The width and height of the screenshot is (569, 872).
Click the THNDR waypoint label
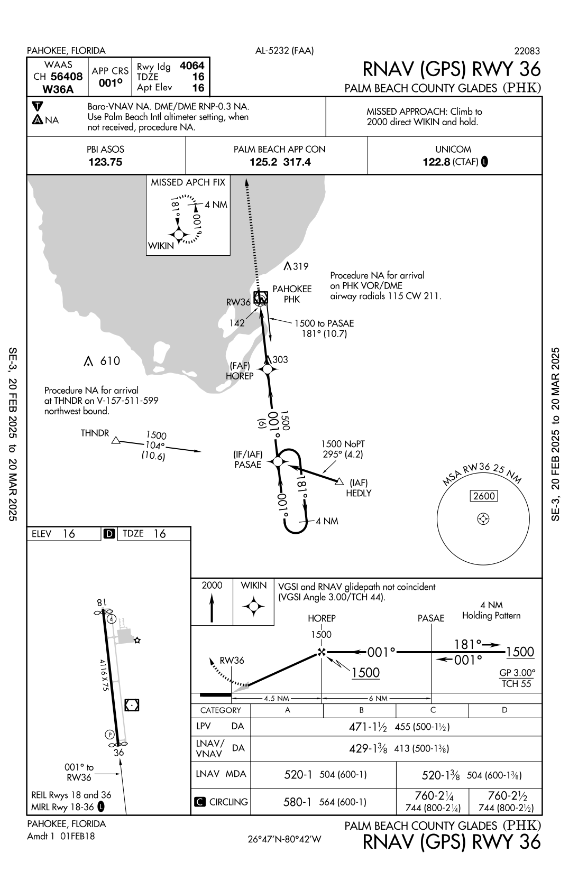95,433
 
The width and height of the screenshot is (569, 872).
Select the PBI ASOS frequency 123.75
105,162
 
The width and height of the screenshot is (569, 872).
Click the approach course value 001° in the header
111,82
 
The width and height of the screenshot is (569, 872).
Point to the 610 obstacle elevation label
110,361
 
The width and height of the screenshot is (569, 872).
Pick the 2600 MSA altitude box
483,496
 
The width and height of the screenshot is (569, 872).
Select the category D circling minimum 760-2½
505,795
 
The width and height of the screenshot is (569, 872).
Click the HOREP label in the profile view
322,618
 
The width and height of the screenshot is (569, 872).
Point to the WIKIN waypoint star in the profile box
253,607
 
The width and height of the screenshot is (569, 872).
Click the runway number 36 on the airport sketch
119,753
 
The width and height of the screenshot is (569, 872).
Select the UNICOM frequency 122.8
436,162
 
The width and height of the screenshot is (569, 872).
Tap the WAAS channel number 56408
67,77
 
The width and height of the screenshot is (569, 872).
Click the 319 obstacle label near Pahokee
300,267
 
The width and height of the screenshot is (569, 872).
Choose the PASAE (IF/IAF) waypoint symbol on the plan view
278,462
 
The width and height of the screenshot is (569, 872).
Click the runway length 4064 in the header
192,66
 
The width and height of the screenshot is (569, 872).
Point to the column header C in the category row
433,710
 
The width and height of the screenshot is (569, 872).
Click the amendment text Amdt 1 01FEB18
61,836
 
